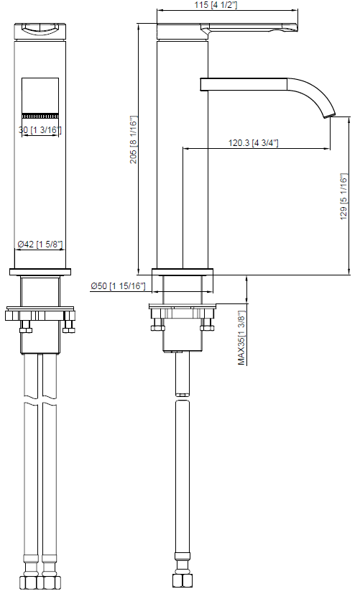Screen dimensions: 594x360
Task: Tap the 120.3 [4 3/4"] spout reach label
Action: point(253,143)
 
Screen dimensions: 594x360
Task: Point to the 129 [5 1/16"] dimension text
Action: point(343,196)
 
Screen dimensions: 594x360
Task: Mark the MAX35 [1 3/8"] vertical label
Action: point(242,339)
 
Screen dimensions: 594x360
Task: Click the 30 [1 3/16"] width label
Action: point(40,129)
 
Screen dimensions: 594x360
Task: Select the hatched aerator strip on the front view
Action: point(40,116)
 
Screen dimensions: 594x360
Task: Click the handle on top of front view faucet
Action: point(40,29)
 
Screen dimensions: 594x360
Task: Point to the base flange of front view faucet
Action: point(40,273)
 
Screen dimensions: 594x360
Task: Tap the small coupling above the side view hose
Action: point(182,393)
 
